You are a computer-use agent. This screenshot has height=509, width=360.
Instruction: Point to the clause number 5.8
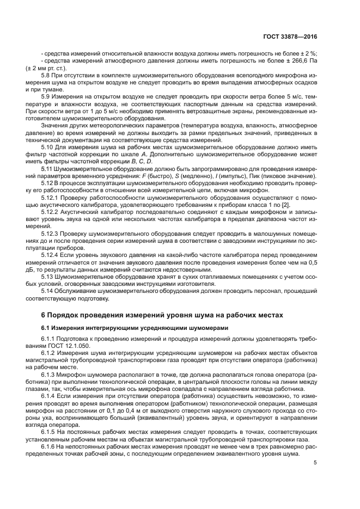[47, 75]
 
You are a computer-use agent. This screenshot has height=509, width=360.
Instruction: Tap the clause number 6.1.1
[50, 340]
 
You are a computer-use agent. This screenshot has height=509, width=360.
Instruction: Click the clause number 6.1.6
[50, 446]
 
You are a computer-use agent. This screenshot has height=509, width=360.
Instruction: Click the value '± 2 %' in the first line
[308, 53]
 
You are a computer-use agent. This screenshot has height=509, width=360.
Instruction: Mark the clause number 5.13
[48, 276]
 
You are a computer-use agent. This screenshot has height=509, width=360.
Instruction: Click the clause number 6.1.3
[50, 375]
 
